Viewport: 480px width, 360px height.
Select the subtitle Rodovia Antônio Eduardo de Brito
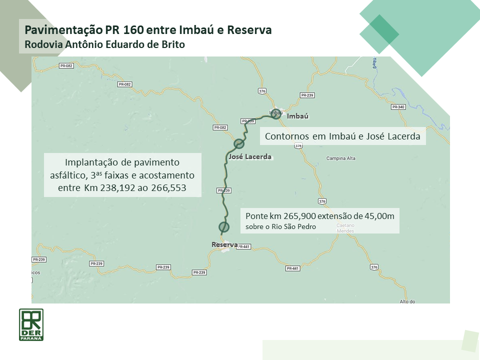(105, 44)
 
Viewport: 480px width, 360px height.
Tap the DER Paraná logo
(31, 324)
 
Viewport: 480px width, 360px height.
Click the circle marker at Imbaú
(275, 113)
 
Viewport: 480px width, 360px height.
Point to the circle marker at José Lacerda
(239, 144)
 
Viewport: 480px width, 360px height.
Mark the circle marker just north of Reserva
(224, 227)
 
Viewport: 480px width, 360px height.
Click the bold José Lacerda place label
(249, 156)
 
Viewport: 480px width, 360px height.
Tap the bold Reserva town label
(224, 244)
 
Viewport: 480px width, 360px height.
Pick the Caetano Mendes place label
(345, 228)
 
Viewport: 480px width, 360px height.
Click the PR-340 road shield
(398, 107)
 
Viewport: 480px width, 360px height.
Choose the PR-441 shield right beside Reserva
(244, 246)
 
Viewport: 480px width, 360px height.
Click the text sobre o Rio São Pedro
(280, 227)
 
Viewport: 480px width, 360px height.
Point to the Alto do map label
(407, 301)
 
